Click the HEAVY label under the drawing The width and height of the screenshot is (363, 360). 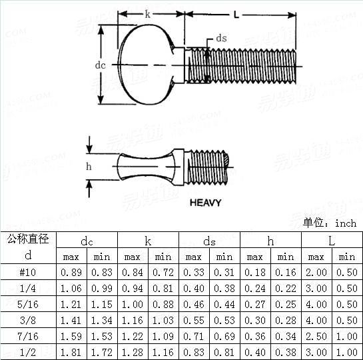(x=206, y=203)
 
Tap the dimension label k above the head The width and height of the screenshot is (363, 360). (x=147, y=14)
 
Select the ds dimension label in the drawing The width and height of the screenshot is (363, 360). (x=221, y=39)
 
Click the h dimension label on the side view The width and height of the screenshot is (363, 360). (x=89, y=167)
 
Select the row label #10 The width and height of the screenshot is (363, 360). (x=28, y=272)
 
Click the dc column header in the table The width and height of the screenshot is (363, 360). (x=87, y=241)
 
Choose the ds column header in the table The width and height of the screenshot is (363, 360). (x=209, y=241)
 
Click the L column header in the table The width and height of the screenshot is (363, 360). (x=332, y=241)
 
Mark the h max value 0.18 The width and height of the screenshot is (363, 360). (x=255, y=272)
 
